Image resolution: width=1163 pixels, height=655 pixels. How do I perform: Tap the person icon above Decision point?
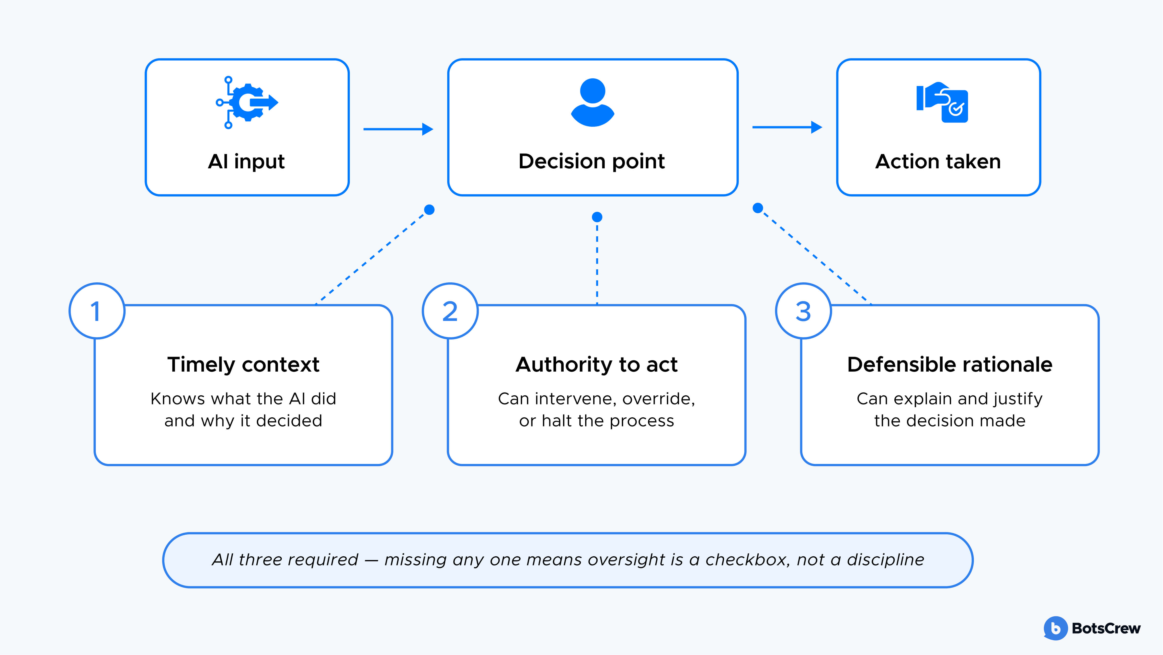tap(592, 103)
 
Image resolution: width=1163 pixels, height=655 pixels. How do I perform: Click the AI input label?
tap(246, 161)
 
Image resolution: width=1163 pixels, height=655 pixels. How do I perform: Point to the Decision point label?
tap(592, 161)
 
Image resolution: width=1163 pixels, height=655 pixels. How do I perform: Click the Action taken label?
tap(938, 161)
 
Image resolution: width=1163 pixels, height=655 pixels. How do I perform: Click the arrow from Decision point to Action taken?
tap(787, 127)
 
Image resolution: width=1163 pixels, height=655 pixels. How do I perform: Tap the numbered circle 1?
tap(97, 311)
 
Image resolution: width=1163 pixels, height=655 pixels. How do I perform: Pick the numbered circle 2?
tap(450, 311)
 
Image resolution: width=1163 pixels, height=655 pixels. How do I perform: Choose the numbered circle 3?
tap(803, 311)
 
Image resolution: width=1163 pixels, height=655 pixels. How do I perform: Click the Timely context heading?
tap(243, 364)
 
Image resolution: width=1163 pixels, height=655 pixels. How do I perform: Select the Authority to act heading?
tap(596, 364)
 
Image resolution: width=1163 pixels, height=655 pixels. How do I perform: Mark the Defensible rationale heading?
tap(949, 364)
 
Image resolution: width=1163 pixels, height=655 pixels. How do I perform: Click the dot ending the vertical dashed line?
tap(597, 217)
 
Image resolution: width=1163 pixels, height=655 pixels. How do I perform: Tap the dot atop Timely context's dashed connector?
tap(429, 209)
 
